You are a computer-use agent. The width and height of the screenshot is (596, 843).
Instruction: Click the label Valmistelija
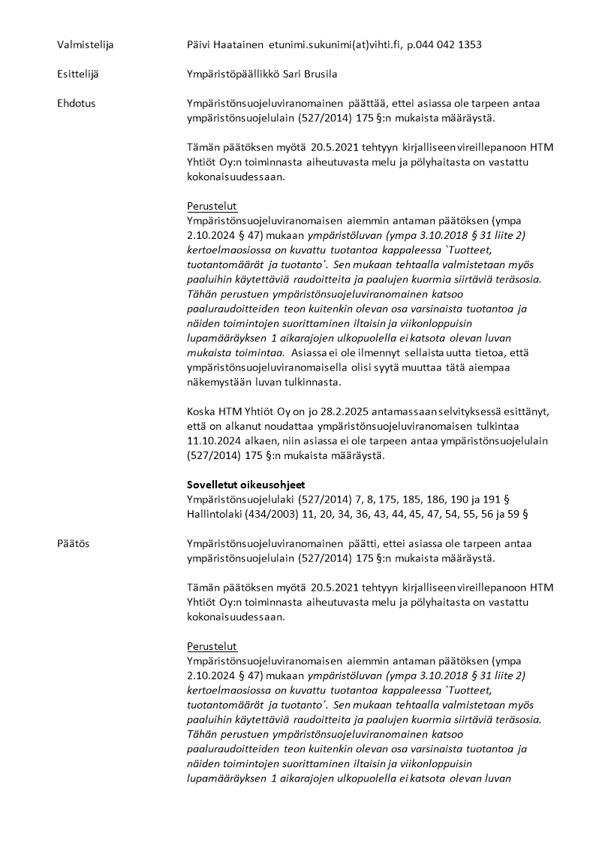[x=85, y=45]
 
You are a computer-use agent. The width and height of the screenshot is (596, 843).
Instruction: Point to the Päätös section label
[x=73, y=543]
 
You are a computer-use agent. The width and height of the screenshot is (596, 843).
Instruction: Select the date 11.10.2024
[x=213, y=440]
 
